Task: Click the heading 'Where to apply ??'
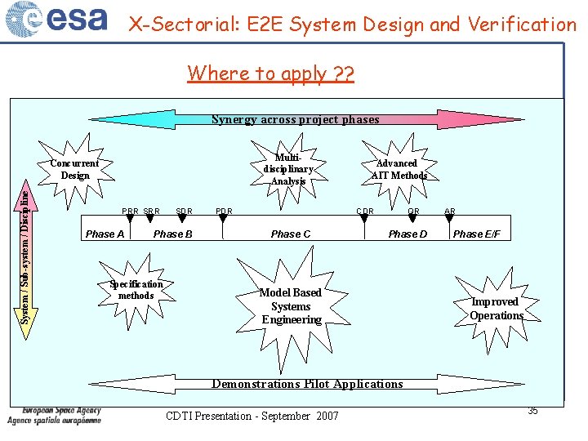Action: tap(270, 73)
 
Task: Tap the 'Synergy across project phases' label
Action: tap(296, 119)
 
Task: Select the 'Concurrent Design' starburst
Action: tap(75, 169)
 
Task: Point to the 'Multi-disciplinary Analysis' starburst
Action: tap(288, 169)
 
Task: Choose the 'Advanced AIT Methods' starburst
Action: tap(399, 169)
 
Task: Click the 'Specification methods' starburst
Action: tap(136, 289)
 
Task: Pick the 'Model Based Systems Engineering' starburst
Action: tap(291, 305)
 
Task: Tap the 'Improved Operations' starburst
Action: tap(496, 308)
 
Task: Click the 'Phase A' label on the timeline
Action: tap(105, 234)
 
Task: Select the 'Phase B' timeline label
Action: tap(173, 234)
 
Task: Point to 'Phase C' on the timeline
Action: tap(291, 234)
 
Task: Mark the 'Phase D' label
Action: tap(408, 234)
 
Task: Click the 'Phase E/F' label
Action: tap(476, 234)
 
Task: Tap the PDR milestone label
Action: tap(224, 212)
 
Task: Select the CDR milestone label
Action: tap(365, 212)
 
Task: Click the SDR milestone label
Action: tap(184, 212)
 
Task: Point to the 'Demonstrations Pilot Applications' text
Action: tap(307, 384)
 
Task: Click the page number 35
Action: tap(532, 411)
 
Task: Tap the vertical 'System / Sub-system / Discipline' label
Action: tap(26, 255)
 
